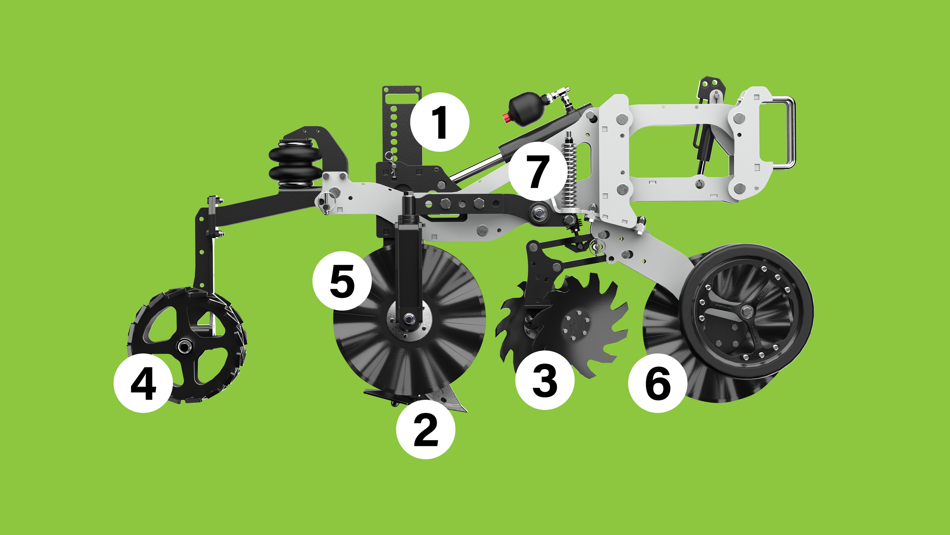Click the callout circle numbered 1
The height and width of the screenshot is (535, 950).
pyautogui.click(x=440, y=122)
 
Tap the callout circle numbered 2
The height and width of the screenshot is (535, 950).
pyautogui.click(x=425, y=430)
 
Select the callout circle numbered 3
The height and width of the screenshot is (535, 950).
pyautogui.click(x=545, y=380)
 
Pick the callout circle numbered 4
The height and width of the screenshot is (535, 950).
pyautogui.click(x=143, y=383)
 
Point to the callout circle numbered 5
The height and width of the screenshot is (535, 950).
pyautogui.click(x=342, y=281)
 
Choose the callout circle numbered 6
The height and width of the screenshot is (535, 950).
pyautogui.click(x=657, y=383)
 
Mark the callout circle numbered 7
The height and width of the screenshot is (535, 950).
pyautogui.click(x=537, y=171)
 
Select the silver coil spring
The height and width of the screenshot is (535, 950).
pyautogui.click(x=569, y=173)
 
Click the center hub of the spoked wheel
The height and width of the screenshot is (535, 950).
pyautogui.click(x=185, y=346)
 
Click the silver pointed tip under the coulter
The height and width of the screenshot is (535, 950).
pyautogui.click(x=452, y=401)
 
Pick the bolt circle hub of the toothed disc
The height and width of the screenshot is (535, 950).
pyautogui.click(x=576, y=326)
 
